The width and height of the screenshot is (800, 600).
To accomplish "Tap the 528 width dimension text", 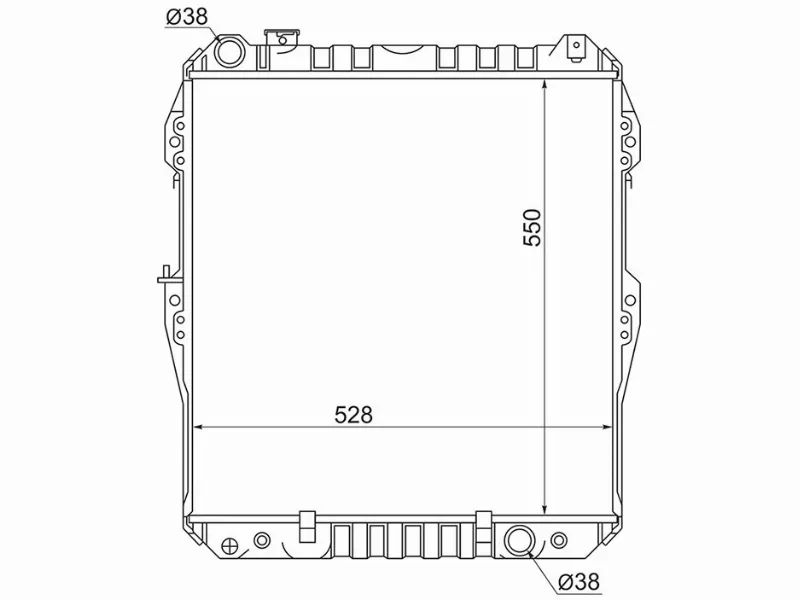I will click(x=354, y=413).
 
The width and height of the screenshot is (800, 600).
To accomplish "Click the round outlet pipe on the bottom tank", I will click(x=520, y=541).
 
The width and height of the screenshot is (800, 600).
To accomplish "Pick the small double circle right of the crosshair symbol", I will click(x=262, y=540).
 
